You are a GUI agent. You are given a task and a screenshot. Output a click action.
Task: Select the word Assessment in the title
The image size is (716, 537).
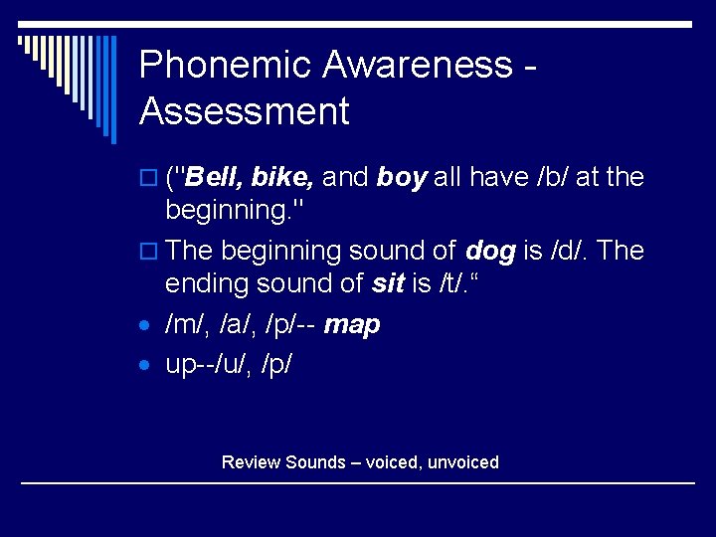coord(245,111)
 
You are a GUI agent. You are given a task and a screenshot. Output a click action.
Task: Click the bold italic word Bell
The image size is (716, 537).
coord(214,177)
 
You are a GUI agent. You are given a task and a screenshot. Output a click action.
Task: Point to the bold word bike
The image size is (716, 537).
coord(283,177)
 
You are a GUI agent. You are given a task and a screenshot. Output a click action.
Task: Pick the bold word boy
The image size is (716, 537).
coord(402,177)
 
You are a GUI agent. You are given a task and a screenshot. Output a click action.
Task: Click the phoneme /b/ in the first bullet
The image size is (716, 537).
coord(552,177)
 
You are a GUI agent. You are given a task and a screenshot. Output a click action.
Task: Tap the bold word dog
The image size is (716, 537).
coord(490,251)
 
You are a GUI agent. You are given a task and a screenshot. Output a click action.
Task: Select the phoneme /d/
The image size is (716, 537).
coord(564,251)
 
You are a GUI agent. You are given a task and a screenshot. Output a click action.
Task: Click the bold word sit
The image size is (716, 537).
coord(387,284)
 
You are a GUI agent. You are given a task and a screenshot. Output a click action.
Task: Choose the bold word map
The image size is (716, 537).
coord(353,325)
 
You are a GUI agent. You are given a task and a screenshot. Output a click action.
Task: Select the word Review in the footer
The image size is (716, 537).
coord(251,462)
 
